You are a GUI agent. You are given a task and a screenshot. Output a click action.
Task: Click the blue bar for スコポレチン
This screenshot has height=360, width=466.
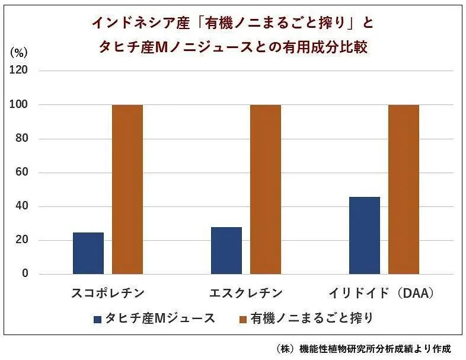click(x=88, y=253)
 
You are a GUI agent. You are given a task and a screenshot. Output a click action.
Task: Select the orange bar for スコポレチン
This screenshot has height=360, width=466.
click(x=127, y=189)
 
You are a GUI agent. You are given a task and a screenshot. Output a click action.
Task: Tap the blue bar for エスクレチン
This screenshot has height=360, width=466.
click(x=226, y=250)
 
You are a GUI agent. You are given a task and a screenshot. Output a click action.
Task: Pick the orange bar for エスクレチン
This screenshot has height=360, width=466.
click(x=266, y=189)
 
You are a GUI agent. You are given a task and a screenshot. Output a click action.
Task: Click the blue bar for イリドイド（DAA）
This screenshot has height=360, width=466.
click(x=365, y=235)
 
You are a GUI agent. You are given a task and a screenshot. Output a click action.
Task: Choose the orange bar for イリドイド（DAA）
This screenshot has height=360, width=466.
click(x=404, y=189)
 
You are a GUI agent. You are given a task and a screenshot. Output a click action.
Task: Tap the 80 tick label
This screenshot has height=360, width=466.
click(x=22, y=139)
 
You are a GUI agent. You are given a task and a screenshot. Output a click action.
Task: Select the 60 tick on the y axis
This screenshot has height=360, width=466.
click(x=22, y=173)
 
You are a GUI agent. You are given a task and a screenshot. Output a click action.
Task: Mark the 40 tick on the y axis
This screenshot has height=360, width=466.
click(x=22, y=206)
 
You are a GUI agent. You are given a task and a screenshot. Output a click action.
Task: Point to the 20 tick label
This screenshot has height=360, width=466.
click(x=22, y=240)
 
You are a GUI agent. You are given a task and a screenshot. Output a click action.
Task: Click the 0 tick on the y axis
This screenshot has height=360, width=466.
click(x=25, y=274)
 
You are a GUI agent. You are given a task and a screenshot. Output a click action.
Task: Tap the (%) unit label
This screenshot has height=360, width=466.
click(x=19, y=52)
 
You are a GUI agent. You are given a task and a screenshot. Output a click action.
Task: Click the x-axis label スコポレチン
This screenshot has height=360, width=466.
click(x=108, y=293)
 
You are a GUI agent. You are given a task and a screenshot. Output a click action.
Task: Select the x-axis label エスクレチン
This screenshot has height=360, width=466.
click(x=246, y=293)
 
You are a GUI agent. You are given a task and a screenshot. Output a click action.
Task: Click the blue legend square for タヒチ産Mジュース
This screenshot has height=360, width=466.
click(x=98, y=319)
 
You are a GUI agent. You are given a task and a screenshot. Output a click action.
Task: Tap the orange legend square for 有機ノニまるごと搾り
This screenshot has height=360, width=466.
click(x=242, y=319)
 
